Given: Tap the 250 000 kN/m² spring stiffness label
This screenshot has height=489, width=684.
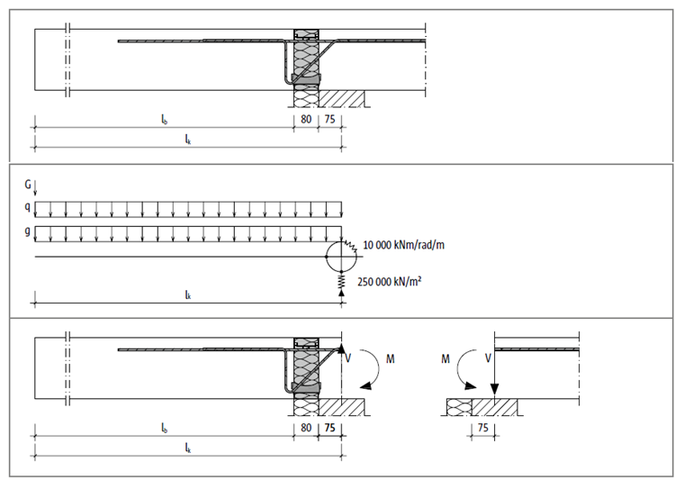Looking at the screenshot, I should (x=390, y=281).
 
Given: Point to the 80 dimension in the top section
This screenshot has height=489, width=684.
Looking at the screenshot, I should (x=307, y=118).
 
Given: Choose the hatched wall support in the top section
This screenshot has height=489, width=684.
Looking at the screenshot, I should (x=343, y=96).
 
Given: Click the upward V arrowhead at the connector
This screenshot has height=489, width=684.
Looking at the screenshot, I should (x=342, y=349).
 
